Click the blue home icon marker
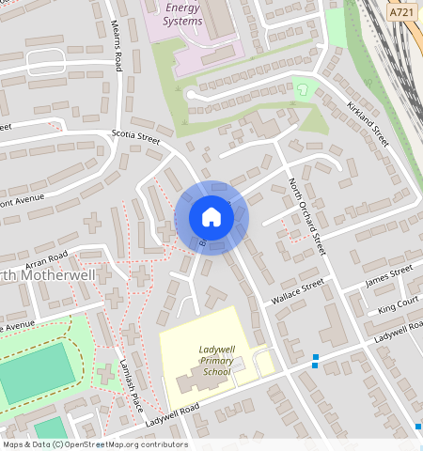(211, 217)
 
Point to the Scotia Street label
(136, 137)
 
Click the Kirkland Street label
(368, 123)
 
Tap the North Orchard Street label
(305, 216)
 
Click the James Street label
(388, 275)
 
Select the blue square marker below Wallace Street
(315, 358)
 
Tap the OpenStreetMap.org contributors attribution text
(127, 444)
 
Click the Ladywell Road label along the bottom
(173, 415)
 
